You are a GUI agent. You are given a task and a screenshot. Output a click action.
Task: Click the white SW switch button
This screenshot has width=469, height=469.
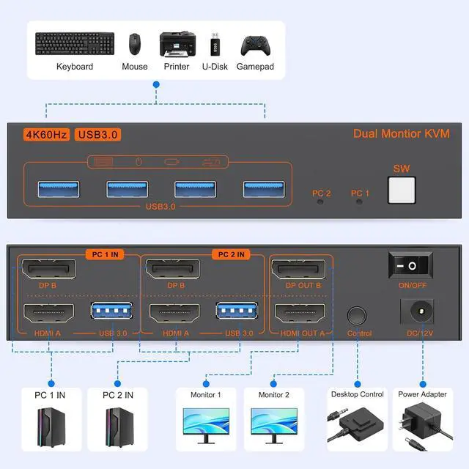(x=402, y=191)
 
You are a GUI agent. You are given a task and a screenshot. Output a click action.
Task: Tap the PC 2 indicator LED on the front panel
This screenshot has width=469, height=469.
(x=320, y=202)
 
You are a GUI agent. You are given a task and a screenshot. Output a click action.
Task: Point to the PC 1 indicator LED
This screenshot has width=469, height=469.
(x=359, y=202)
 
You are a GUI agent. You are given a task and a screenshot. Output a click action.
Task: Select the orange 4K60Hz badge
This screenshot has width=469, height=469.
(x=46, y=135)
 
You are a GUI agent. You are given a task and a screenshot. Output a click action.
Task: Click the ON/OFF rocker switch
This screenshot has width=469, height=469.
(x=410, y=265)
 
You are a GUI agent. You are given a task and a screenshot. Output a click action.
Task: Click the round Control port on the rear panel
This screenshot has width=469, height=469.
(x=357, y=316)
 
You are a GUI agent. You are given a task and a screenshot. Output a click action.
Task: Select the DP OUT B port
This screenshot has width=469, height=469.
(x=298, y=269)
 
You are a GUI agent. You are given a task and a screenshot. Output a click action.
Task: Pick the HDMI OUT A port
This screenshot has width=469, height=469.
(x=300, y=314)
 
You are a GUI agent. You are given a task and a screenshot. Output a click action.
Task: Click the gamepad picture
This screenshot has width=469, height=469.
(x=256, y=45)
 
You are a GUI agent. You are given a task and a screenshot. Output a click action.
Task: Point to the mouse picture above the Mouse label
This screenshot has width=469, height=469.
(x=135, y=44)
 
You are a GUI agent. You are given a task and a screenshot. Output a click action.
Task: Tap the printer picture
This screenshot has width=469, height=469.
(x=177, y=44)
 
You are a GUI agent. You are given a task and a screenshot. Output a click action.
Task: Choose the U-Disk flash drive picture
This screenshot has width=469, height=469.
(x=215, y=44)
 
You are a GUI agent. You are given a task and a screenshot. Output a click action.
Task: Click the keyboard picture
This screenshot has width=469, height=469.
(x=75, y=44)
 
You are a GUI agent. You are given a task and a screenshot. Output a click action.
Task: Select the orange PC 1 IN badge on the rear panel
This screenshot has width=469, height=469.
(x=105, y=254)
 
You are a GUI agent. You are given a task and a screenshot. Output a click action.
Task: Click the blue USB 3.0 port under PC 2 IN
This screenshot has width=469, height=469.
(x=237, y=311)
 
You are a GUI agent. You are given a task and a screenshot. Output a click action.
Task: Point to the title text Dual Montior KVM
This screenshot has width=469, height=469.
(x=402, y=133)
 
